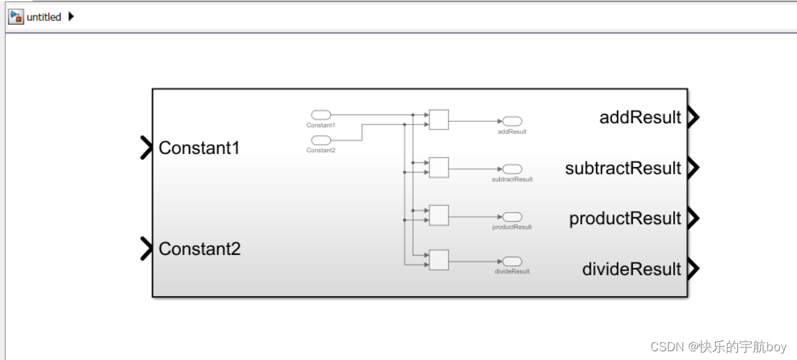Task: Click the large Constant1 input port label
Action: [x=199, y=147]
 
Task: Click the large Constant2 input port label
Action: [x=199, y=249]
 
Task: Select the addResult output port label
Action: [x=640, y=118]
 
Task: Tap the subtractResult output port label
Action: [x=623, y=168]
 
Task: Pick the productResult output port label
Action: [x=625, y=219]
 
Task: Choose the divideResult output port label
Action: [x=632, y=269]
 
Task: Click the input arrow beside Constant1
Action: [x=146, y=147]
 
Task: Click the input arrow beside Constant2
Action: [x=146, y=248]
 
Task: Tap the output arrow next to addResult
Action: [x=693, y=118]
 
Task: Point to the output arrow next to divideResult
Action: [x=693, y=269]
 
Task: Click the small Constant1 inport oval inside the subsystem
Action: [x=321, y=115]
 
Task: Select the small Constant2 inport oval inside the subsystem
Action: [x=321, y=140]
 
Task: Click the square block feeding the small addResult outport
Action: [x=439, y=120]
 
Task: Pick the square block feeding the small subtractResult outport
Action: [x=439, y=168]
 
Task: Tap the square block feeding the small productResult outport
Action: [x=439, y=215]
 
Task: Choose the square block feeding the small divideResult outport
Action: [x=439, y=260]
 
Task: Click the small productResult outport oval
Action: [x=512, y=217]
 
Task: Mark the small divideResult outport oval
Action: [x=512, y=261]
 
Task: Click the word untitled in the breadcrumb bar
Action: [x=44, y=17]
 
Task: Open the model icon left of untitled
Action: [x=15, y=17]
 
